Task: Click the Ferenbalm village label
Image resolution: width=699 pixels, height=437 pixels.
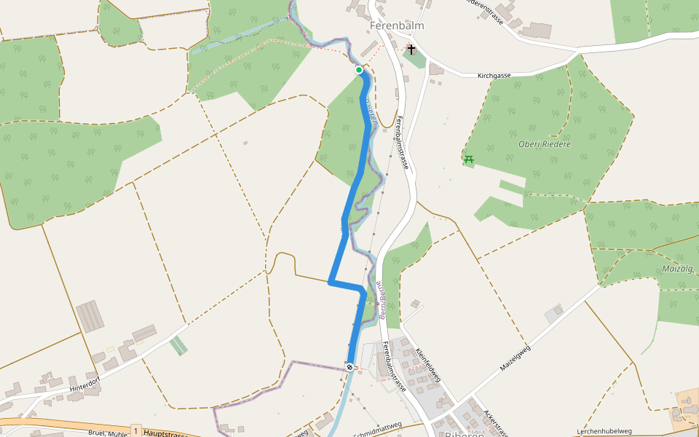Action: pyautogui.click(x=396, y=25)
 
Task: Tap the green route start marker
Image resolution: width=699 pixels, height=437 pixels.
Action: pyautogui.click(x=359, y=70)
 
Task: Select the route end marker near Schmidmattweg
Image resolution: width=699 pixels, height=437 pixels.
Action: pyautogui.click(x=350, y=366)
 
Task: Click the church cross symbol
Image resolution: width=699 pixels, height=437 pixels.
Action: pyautogui.click(x=411, y=50)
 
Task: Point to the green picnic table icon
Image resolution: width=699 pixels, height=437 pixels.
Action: pyautogui.click(x=468, y=159)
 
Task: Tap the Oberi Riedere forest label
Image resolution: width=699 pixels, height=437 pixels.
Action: pyautogui.click(x=544, y=144)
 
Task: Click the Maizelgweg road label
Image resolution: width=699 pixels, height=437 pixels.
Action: pyautogui.click(x=515, y=358)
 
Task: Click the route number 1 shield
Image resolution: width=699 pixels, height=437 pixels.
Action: pyautogui.click(x=135, y=432)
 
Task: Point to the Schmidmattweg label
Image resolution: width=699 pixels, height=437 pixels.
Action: pyautogui.click(x=377, y=425)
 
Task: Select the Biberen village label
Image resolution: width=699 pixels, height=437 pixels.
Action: pyautogui.click(x=464, y=433)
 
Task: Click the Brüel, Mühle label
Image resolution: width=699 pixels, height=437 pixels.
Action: pyautogui.click(x=108, y=433)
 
